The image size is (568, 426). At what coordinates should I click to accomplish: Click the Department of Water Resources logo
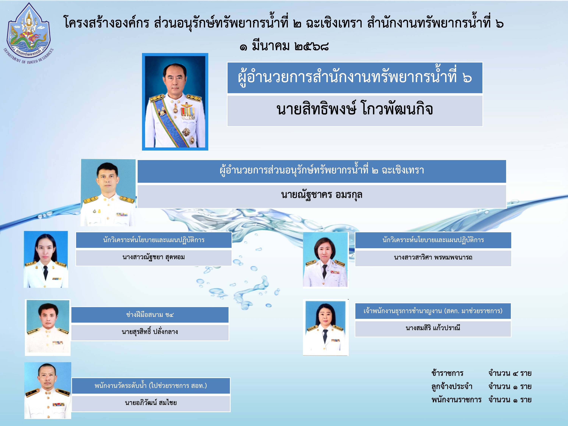(29, 33)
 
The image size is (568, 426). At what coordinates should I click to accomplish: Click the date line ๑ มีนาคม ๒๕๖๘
(284, 46)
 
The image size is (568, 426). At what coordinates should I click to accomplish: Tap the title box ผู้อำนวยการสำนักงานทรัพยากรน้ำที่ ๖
(355, 78)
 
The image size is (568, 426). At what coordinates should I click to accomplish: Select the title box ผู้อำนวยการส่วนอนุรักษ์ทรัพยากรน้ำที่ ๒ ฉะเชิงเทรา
(322, 171)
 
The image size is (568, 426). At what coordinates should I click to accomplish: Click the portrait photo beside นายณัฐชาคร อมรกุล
(108, 193)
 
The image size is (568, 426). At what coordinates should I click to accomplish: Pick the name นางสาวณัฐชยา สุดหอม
(154, 257)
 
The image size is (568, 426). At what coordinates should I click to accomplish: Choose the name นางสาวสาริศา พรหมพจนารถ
(433, 257)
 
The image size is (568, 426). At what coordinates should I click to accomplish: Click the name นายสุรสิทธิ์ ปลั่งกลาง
(150, 332)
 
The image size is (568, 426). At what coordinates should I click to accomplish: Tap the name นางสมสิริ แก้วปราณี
(433, 328)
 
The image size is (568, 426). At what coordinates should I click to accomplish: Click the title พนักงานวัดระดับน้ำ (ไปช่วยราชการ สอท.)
(151, 386)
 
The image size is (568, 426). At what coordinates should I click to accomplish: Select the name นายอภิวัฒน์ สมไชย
(151, 403)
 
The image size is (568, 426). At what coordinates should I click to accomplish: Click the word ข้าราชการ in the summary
(447, 373)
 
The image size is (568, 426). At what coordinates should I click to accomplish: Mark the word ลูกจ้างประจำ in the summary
(452, 386)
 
